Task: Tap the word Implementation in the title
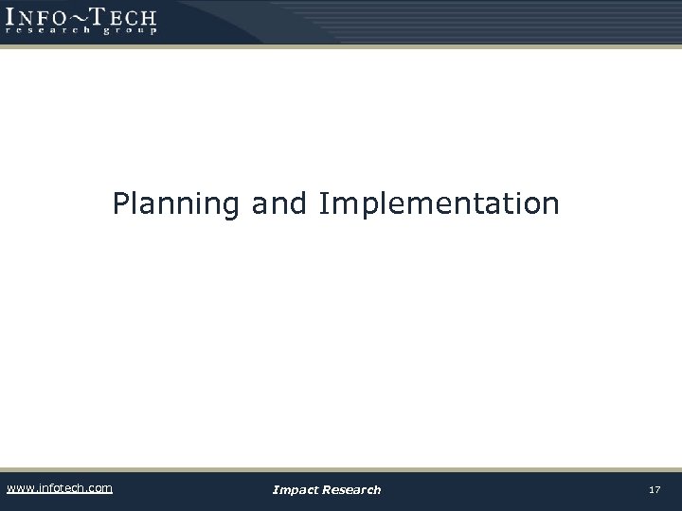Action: (440, 203)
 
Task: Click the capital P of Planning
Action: (120, 203)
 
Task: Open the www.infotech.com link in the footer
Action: (59, 488)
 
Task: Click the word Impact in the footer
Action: (295, 489)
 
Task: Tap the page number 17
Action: (654, 489)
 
